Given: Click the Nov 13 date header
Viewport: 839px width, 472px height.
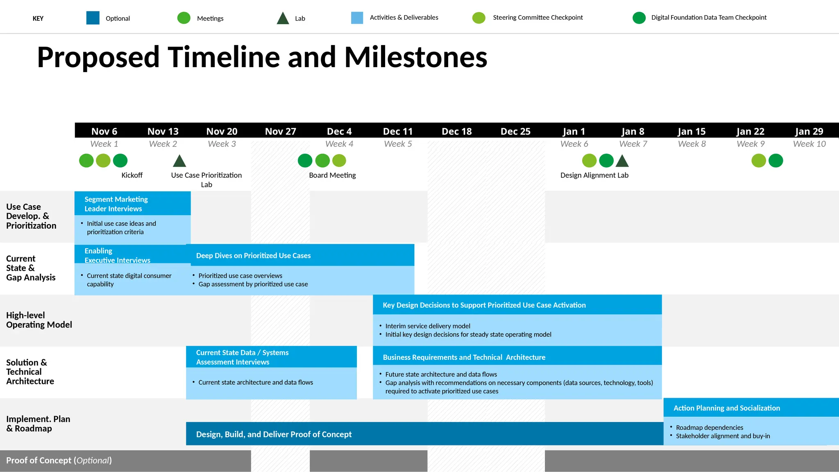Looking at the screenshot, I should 163,132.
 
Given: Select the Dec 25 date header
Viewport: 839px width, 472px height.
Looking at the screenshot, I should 515,132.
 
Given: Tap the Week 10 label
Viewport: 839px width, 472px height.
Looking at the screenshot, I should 809,144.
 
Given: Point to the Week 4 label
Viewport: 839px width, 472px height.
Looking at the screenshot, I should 339,144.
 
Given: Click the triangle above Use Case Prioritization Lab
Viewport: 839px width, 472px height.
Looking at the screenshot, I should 179,161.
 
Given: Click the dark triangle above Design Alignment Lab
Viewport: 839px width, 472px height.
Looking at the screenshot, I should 622,161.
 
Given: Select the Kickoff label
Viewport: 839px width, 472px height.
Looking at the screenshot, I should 132,175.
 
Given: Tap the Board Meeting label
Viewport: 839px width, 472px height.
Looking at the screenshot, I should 332,175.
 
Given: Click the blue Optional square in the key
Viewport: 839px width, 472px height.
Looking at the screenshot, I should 93,18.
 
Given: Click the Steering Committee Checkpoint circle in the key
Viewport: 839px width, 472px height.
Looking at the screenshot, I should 478,18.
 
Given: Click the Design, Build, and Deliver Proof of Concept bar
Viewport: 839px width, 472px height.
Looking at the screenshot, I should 424,434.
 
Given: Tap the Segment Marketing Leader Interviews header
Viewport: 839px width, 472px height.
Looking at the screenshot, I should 132,204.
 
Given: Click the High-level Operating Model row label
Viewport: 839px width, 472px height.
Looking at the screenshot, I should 39,320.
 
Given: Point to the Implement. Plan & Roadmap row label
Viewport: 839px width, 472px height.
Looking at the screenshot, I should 38,424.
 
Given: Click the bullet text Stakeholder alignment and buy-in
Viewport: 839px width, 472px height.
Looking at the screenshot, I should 723,436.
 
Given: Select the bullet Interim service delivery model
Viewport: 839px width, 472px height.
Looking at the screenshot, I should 428,326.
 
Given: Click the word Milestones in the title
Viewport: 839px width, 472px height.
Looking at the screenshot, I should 415,57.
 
